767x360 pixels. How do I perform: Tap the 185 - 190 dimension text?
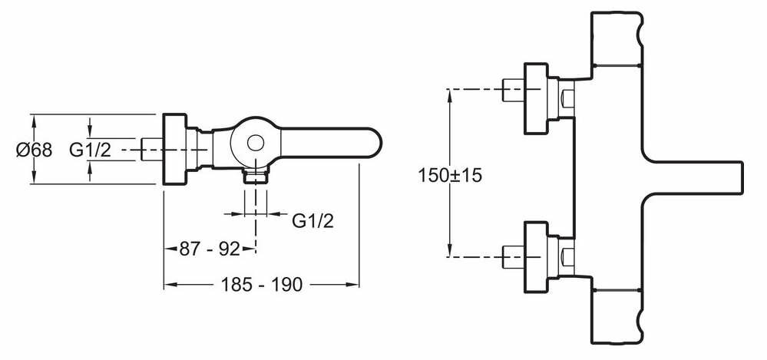coord(261,285)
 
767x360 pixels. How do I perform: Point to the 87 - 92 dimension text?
coord(209,248)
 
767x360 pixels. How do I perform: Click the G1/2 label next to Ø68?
coord(90,150)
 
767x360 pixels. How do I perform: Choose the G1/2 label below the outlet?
coord(313,221)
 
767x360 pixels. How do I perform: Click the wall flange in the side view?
coord(175,150)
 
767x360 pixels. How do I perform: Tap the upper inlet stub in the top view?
coord(510,90)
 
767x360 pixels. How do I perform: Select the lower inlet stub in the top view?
coord(510,253)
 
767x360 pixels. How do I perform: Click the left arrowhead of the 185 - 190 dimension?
coord(168,285)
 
